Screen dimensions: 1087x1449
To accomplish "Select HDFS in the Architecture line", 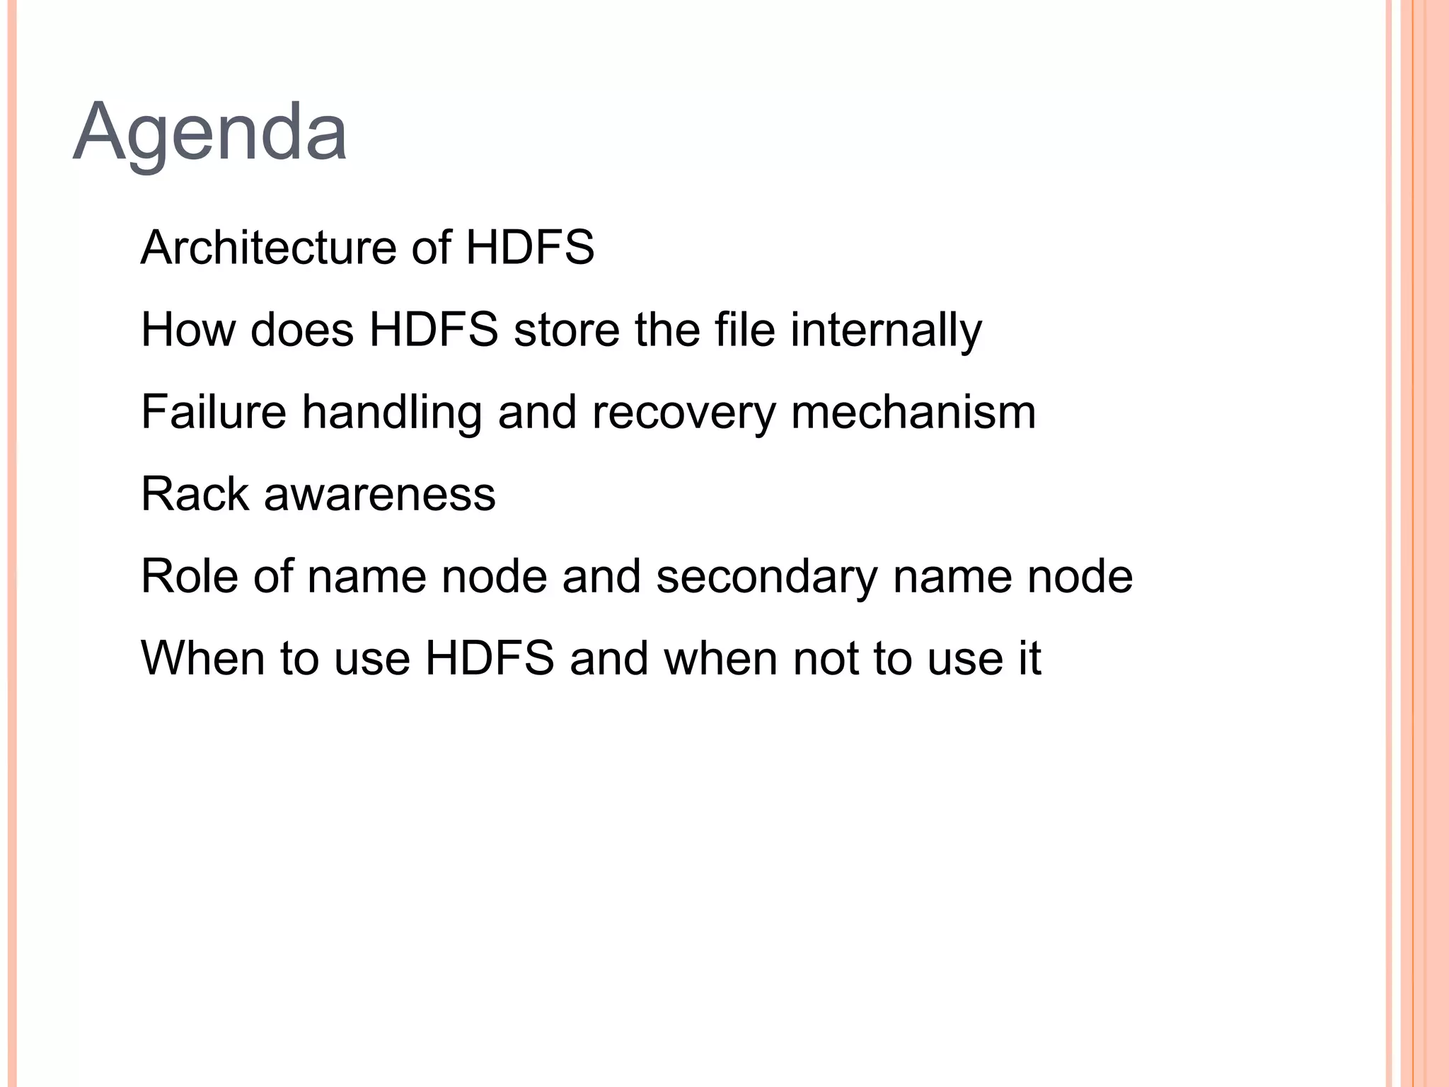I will (x=530, y=248).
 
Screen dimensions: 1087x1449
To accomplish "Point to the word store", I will (x=566, y=330).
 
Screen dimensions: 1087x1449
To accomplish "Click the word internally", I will (x=886, y=331).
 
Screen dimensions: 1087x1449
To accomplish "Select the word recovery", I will (x=683, y=413).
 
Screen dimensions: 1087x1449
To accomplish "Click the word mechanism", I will (x=913, y=412).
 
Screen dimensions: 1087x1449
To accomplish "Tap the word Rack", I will (x=195, y=494).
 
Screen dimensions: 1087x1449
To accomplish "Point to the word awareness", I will (x=380, y=494).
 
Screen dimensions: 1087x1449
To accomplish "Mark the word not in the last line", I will (x=825, y=658).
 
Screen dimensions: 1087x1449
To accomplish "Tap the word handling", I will (x=392, y=413).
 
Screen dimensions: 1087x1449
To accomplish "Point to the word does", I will (x=301, y=330).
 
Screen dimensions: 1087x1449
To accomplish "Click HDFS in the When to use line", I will (x=490, y=658).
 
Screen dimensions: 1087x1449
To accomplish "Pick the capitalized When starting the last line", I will (x=203, y=658).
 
